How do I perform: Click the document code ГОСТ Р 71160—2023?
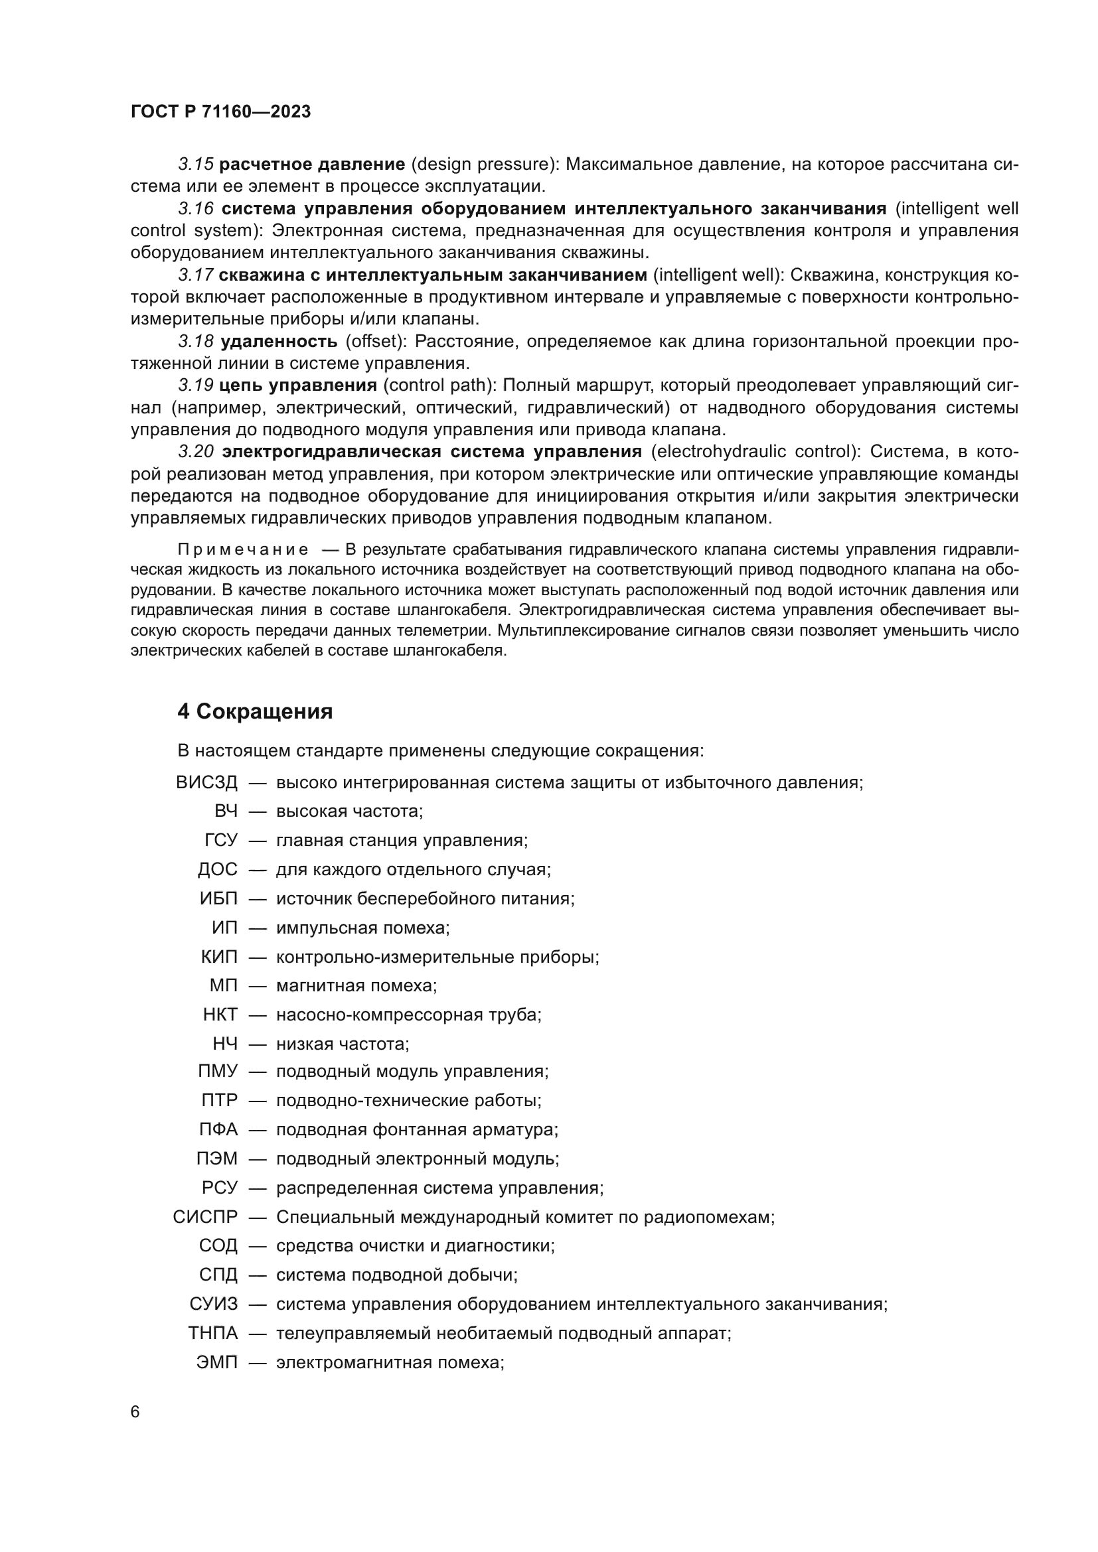point(220,112)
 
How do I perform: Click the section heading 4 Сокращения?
point(255,712)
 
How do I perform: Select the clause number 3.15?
point(196,165)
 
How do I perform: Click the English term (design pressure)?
point(485,165)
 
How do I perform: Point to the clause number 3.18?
point(196,341)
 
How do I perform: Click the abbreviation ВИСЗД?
point(207,783)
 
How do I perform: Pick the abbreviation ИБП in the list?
point(218,898)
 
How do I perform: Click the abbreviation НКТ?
point(220,1015)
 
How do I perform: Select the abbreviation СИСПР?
point(206,1218)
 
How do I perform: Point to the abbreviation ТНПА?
point(213,1334)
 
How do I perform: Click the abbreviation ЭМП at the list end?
point(217,1363)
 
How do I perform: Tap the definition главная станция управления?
point(402,840)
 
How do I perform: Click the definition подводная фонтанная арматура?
point(417,1129)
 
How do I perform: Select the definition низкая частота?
point(343,1044)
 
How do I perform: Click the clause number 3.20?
point(196,452)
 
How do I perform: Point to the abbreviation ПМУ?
point(218,1072)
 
